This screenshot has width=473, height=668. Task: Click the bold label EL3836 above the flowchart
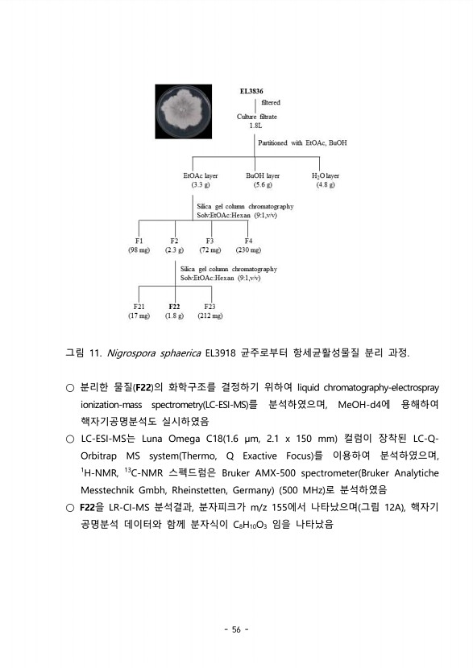(251, 92)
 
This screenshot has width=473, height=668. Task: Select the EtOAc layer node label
(201, 175)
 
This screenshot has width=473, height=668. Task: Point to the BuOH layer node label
(263, 175)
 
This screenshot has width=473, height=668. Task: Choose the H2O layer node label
(326, 175)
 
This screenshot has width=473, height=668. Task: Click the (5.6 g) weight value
(263, 184)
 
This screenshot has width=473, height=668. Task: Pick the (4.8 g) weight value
(326, 184)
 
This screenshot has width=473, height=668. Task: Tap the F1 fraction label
(139, 240)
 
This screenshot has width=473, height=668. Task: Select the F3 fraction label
(210, 240)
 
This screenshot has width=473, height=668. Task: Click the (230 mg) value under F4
(248, 249)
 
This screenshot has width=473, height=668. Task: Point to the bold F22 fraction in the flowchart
(174, 306)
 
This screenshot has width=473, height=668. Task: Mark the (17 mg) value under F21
(139, 315)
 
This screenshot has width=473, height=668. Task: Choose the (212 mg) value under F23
(210, 315)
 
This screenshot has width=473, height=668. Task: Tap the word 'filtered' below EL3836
(271, 102)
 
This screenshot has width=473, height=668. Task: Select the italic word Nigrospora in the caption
(133, 353)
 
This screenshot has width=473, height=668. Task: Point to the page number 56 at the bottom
(236, 629)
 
